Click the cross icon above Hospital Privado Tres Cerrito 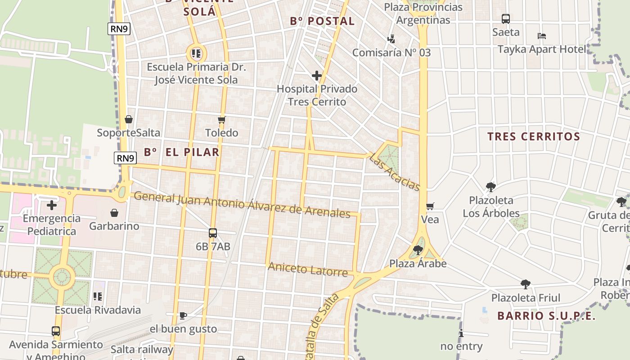(317, 76)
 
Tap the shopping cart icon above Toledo (221, 120)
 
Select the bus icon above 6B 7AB (213, 233)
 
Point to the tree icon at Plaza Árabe (418, 250)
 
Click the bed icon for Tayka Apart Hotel (542, 36)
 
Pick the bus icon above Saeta (506, 19)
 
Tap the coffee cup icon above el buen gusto (183, 315)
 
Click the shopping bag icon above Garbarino (114, 212)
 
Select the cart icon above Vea (430, 206)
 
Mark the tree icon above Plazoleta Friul (525, 284)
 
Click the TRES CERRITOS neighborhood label (534, 136)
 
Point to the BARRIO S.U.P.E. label (546, 316)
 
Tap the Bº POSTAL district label (323, 21)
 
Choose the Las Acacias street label (395, 172)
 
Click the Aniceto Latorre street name (308, 270)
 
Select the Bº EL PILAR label (182, 152)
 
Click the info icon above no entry (461, 333)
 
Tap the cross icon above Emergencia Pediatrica (52, 205)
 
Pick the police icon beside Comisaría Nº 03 (391, 39)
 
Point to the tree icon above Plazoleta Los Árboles (491, 187)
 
